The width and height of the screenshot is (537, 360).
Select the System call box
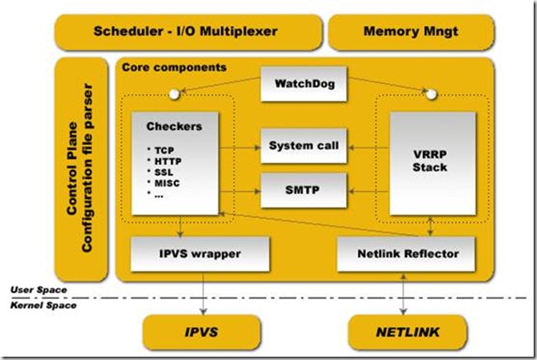[x=303, y=146]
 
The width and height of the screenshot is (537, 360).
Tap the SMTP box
[x=303, y=191]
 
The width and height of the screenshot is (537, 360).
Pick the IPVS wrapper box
[x=200, y=252]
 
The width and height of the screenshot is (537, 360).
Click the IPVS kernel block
[x=199, y=332]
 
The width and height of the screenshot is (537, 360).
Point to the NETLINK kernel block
[x=407, y=332]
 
